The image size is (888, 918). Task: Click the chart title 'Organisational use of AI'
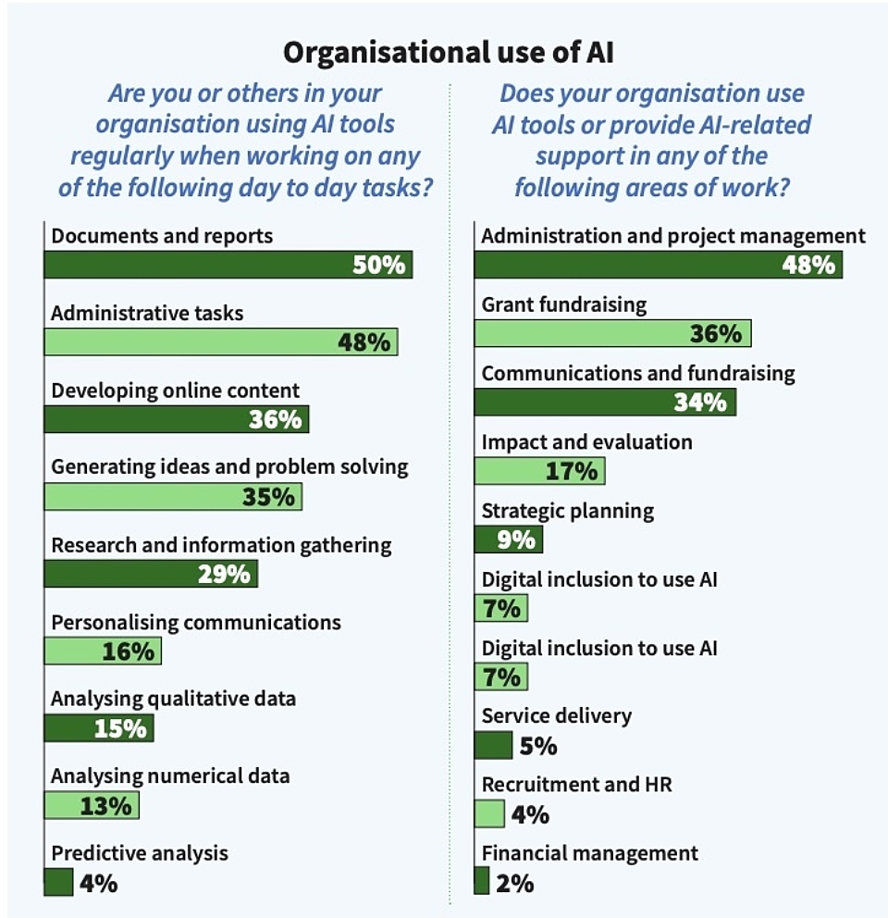(x=449, y=52)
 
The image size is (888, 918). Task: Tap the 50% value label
(x=378, y=266)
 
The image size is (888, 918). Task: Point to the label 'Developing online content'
(x=176, y=391)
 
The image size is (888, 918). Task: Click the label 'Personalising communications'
(x=196, y=622)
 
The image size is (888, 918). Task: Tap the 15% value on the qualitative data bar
(x=120, y=728)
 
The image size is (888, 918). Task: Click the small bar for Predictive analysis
(x=58, y=882)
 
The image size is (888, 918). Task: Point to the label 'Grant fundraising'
(x=564, y=304)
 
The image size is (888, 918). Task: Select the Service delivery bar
(x=493, y=745)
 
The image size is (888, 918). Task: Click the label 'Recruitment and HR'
(x=576, y=785)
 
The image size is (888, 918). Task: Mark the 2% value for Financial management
(x=515, y=883)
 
